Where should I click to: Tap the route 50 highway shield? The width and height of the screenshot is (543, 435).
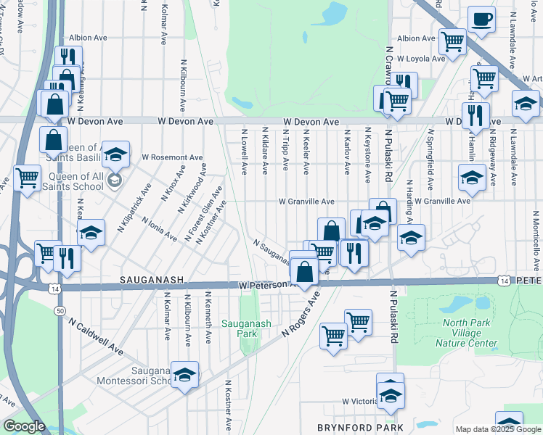point(57,310)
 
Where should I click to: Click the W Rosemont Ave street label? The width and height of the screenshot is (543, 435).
point(172,157)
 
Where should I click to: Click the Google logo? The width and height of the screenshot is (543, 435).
point(25,427)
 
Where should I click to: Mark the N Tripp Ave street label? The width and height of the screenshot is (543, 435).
point(286,151)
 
